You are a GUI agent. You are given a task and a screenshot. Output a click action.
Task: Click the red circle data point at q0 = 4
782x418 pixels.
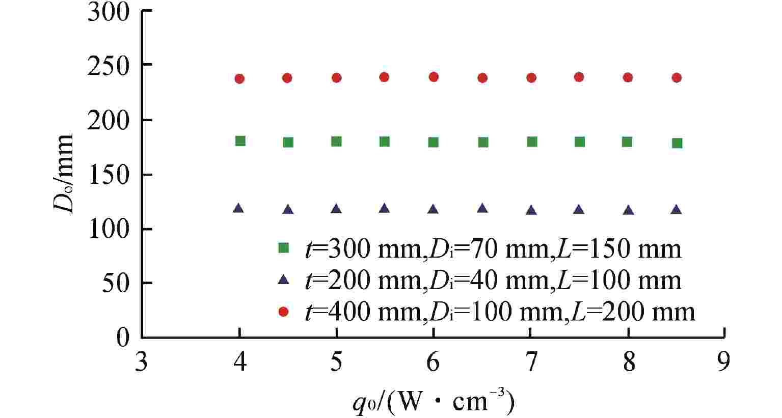[x=239, y=78]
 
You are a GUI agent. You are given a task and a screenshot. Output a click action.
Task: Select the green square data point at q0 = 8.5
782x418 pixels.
[x=677, y=143]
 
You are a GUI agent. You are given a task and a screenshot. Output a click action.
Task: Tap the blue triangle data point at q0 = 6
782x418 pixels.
[x=433, y=209]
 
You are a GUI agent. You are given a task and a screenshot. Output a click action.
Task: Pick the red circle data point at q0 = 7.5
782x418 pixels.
[x=579, y=77]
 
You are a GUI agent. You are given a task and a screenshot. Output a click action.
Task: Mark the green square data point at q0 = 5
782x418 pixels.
[x=336, y=142]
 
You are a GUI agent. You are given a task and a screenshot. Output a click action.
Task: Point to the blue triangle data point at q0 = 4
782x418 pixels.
[x=238, y=208]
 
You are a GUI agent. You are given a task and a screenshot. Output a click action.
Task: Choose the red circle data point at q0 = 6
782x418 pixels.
[x=434, y=77]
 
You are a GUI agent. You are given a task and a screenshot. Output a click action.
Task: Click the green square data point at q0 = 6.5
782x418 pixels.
[x=483, y=142]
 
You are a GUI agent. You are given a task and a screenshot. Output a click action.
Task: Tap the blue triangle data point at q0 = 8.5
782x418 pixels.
[x=677, y=210]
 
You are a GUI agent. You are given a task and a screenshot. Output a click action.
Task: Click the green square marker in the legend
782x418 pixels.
[x=284, y=248]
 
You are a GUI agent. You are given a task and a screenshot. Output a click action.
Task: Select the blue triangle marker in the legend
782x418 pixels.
[x=284, y=280]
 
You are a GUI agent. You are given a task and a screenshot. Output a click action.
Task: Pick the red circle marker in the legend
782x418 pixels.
[x=284, y=311]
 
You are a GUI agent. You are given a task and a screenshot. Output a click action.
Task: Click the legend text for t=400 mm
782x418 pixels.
[x=499, y=311]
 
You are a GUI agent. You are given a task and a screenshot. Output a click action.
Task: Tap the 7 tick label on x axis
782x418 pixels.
[x=531, y=363]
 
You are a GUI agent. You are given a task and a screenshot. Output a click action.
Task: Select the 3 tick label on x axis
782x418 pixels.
[x=142, y=363]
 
